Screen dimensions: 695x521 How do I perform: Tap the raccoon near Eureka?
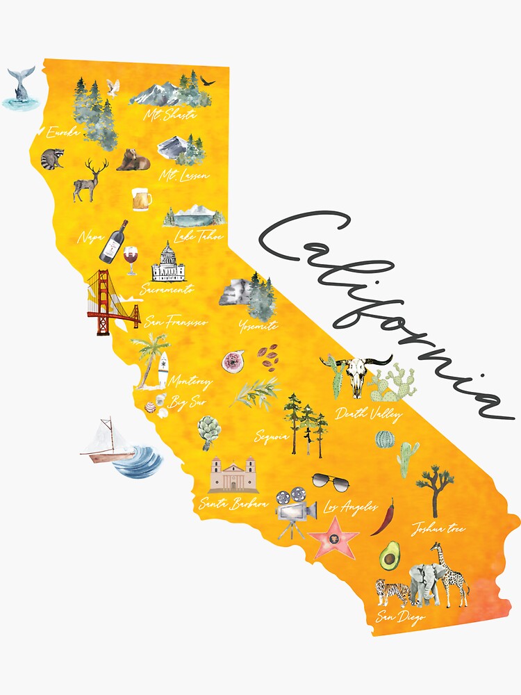point(51,159)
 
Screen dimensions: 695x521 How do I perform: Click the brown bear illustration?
point(133,161)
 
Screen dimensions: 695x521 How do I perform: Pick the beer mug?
point(142,199)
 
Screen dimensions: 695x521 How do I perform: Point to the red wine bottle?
point(113,241)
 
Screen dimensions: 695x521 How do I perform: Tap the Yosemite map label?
point(258,325)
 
